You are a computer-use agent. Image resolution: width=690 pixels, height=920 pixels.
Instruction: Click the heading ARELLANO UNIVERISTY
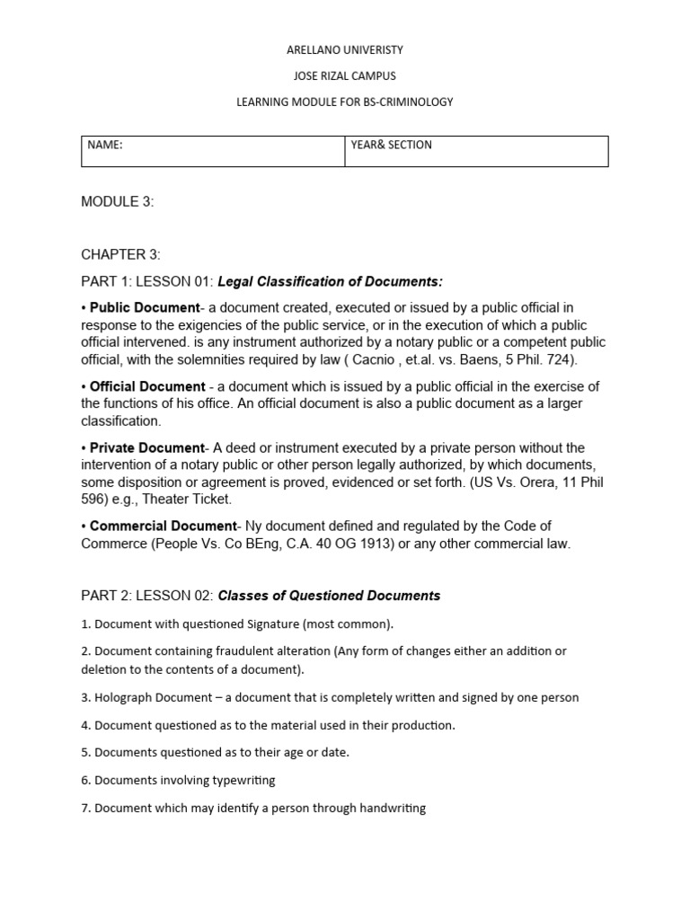[345, 50]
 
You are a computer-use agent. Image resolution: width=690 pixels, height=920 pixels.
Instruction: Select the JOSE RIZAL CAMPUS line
[345, 76]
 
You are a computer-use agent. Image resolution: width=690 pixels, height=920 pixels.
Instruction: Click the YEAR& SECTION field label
[392, 145]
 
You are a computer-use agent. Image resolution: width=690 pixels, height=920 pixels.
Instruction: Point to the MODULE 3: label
[118, 202]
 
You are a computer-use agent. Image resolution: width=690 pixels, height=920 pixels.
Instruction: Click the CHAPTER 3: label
[121, 255]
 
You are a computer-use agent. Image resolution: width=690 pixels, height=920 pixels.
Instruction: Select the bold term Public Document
[145, 308]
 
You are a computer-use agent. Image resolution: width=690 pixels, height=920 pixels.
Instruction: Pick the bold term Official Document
[147, 386]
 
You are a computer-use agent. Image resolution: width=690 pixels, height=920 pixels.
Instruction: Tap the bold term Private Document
[147, 447]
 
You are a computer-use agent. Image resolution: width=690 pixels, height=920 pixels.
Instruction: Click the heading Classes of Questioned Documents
[330, 596]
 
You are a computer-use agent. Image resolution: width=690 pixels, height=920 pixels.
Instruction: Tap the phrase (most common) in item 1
[348, 623]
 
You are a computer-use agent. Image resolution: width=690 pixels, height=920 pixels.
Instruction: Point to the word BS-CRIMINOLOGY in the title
[411, 102]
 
